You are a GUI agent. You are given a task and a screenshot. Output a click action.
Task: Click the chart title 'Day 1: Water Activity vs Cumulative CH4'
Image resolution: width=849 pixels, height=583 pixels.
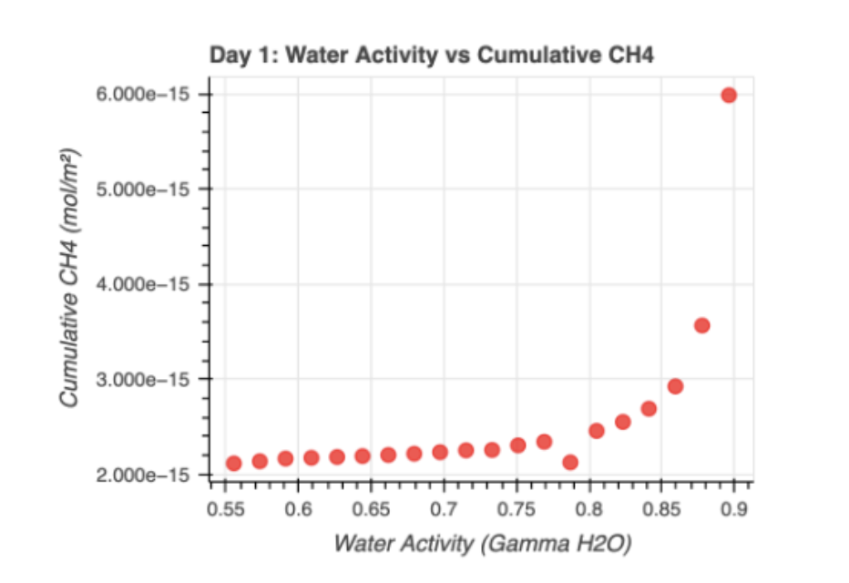pyautogui.click(x=433, y=56)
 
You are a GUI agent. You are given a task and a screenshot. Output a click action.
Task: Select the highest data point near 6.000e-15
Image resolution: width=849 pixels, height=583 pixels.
pyautogui.click(x=729, y=95)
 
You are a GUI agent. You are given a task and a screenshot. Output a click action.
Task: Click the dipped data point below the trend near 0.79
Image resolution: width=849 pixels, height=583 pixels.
pyautogui.click(x=570, y=462)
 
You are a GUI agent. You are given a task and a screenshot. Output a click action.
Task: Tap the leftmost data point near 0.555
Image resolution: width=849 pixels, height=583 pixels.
pyautogui.click(x=233, y=463)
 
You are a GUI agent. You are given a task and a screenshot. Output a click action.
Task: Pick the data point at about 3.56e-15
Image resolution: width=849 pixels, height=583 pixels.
pyautogui.click(x=701, y=325)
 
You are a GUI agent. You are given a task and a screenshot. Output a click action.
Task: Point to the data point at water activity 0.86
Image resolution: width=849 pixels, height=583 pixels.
pyautogui.click(x=675, y=386)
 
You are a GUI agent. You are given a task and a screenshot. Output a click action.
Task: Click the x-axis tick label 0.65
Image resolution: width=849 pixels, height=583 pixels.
pyautogui.click(x=371, y=506)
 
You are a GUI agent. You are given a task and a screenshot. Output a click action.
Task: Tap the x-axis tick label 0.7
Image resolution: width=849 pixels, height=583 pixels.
pyautogui.click(x=444, y=506)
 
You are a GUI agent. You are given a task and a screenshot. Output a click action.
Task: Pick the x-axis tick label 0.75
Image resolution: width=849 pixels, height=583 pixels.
pyautogui.click(x=517, y=506)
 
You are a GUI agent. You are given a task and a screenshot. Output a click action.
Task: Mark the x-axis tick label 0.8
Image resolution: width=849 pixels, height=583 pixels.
pyautogui.click(x=589, y=506)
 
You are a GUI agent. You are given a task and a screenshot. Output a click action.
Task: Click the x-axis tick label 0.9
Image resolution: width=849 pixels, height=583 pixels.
pyautogui.click(x=735, y=506)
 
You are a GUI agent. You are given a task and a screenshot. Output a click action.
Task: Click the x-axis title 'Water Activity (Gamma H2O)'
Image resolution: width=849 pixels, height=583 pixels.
pyautogui.click(x=483, y=544)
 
